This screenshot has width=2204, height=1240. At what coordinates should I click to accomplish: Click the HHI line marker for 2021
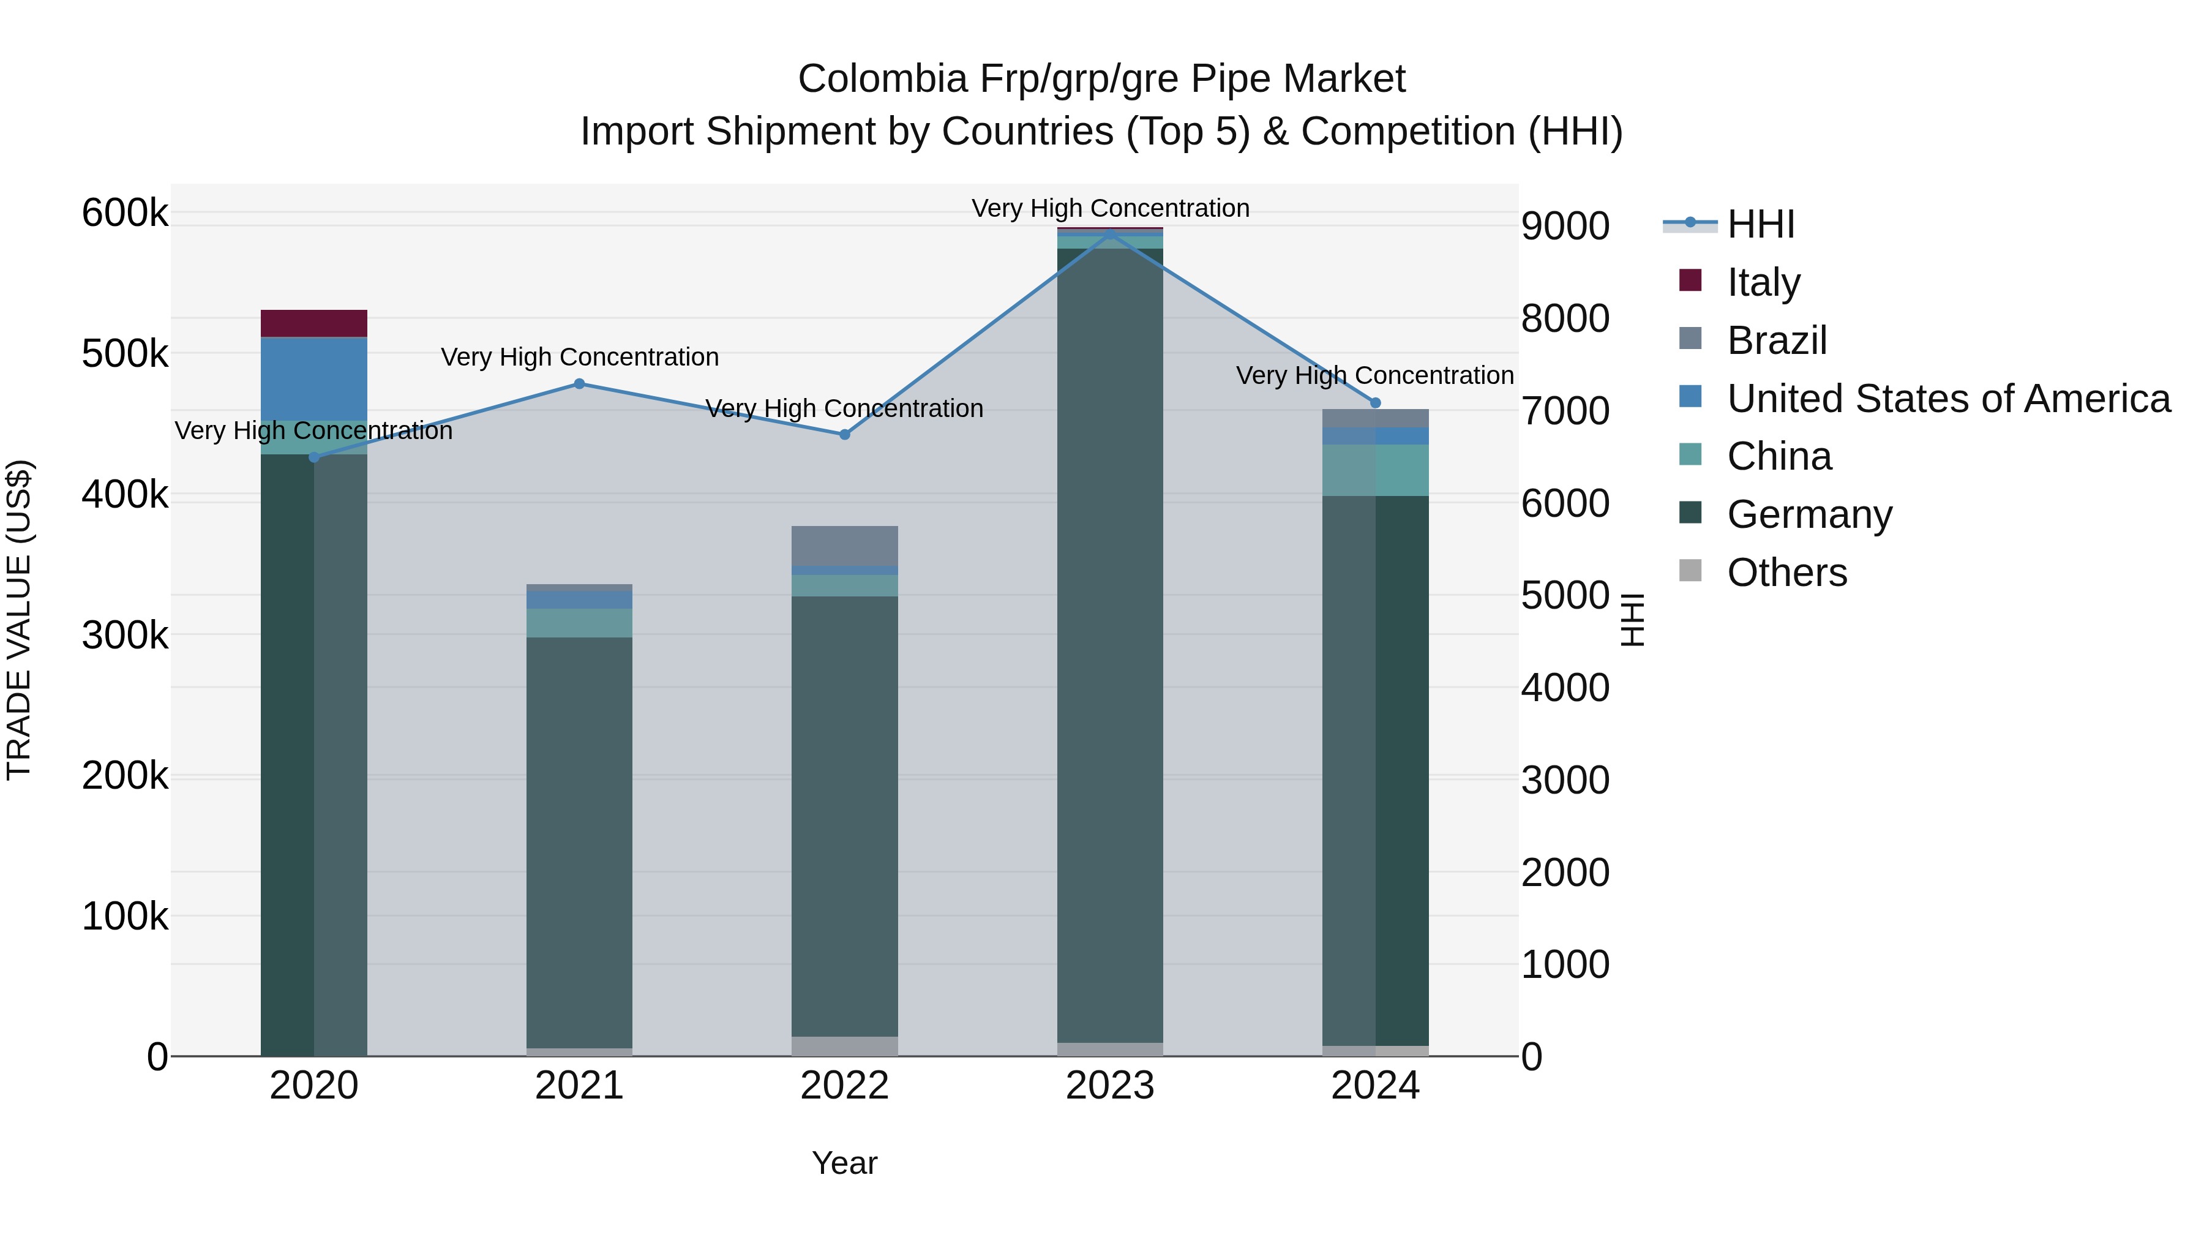tap(579, 383)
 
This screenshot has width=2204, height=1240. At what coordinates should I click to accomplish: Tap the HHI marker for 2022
tap(844, 434)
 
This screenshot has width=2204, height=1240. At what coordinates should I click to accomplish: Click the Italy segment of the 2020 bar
tap(314, 323)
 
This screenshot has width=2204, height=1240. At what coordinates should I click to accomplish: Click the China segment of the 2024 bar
tap(1375, 470)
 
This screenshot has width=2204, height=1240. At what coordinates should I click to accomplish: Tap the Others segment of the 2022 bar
tap(844, 1046)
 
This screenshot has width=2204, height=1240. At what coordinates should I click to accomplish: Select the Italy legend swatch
tap(1690, 280)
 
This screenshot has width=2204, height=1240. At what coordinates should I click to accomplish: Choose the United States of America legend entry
tap(1948, 399)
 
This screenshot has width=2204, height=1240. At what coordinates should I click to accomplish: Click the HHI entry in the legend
tap(1760, 224)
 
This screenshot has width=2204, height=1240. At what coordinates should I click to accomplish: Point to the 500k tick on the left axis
tap(125, 353)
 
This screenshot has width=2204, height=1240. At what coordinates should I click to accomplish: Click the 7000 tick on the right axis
tap(1565, 411)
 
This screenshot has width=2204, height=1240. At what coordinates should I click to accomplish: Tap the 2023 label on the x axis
tap(1110, 1086)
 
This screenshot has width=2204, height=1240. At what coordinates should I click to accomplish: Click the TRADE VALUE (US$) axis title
tap(19, 620)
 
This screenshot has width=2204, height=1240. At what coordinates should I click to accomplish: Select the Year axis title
tap(844, 1163)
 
